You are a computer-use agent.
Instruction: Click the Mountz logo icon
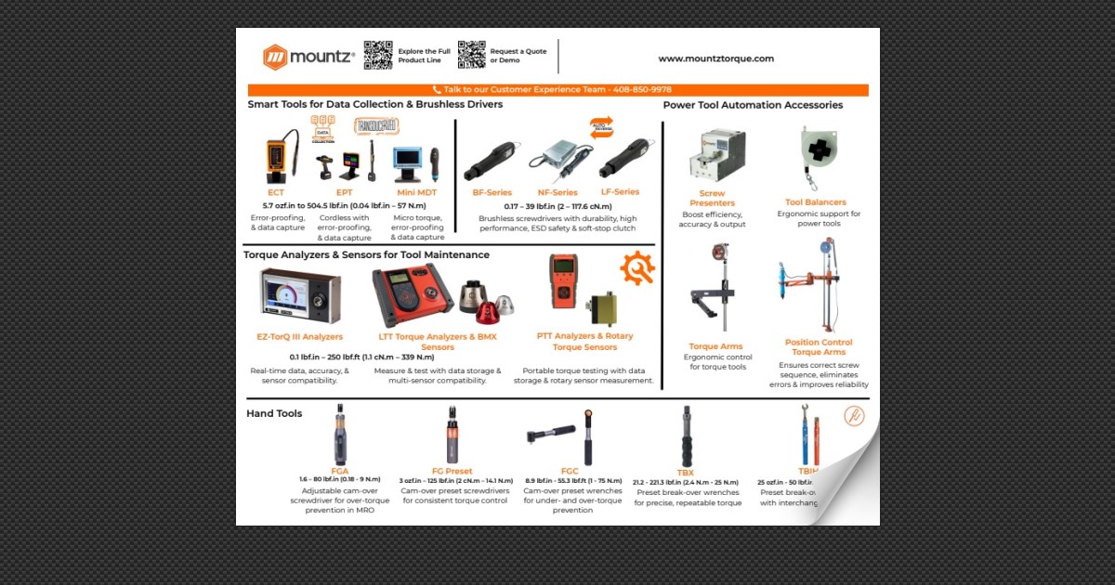coord(276,58)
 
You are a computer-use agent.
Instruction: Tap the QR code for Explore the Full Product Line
coord(377,56)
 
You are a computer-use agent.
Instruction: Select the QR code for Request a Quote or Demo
coord(471,56)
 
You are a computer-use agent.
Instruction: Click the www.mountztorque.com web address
coord(715,58)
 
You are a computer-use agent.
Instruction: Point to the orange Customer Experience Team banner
coord(557,90)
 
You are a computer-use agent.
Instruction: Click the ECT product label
coord(276,193)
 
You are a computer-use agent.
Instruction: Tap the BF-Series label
coord(492,192)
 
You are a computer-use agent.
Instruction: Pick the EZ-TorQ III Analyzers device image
coord(299,295)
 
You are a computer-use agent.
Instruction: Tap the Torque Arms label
coord(715,346)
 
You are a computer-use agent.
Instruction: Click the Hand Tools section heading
coord(274,413)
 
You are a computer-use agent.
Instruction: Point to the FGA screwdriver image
coord(340,435)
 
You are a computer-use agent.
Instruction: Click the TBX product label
coord(686,473)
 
